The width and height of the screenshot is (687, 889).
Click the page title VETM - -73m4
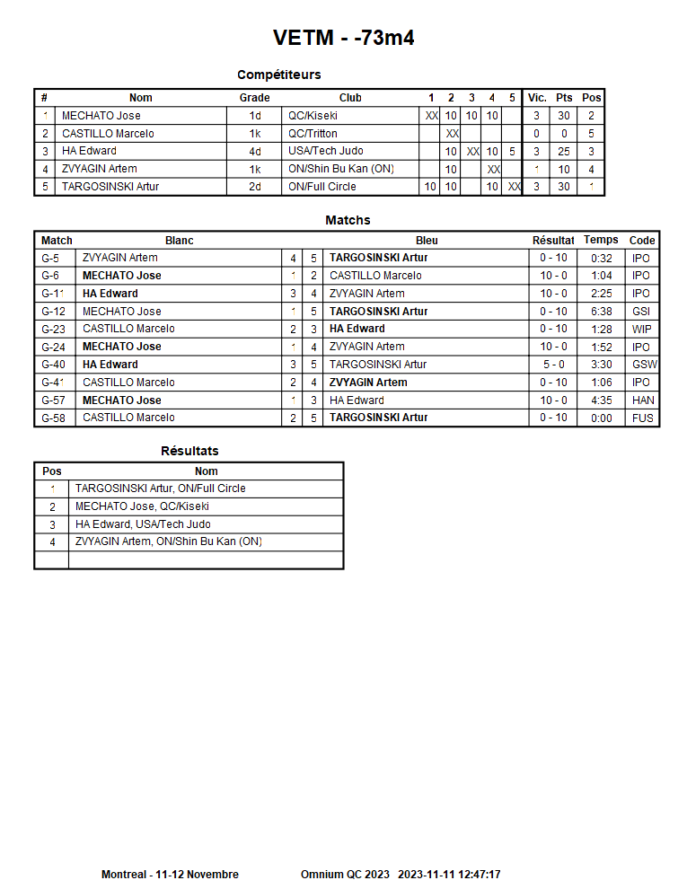coord(343,38)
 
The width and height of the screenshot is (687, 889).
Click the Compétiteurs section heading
coord(278,75)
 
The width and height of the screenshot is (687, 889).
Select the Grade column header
coord(254,98)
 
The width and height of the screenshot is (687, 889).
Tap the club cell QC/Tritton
coord(313,134)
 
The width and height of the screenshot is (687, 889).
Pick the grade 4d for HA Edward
coord(255,152)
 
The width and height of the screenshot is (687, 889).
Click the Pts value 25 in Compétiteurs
coord(563,152)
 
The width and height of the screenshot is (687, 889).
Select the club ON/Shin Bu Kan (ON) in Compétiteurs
coord(340,169)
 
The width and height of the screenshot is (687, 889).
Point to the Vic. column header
coord(537,98)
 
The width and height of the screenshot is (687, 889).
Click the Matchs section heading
coord(348,220)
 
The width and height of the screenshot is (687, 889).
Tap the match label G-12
coord(53,312)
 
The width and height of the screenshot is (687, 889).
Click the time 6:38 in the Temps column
coord(601,312)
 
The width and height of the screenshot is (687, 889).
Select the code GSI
coord(641,312)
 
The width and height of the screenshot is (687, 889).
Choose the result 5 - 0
coord(553,365)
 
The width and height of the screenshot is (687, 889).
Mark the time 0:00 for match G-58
coord(601,418)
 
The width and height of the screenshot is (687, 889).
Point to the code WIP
coord(641,330)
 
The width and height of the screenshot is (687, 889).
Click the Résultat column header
coord(553,241)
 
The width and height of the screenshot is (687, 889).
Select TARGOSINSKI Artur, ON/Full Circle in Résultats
coord(160,489)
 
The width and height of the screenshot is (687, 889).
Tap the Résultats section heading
coord(189,451)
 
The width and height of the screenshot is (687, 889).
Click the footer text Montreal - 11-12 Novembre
coord(170,875)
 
